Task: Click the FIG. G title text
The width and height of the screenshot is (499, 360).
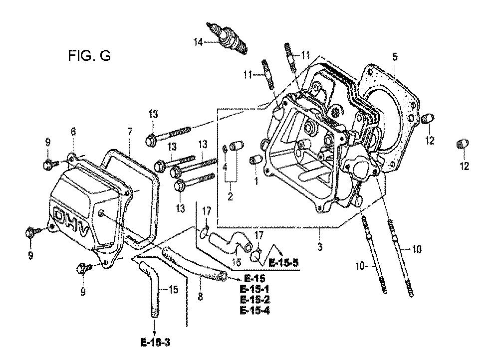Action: pos(89,56)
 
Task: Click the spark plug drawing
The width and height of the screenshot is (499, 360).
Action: pos(227,38)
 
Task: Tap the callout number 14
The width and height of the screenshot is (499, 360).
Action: pos(198,42)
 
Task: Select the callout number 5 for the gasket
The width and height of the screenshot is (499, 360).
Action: pos(395,57)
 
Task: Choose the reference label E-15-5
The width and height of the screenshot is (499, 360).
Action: pos(284,263)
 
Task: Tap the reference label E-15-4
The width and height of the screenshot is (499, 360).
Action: pos(254,310)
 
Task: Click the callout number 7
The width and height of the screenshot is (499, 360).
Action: pos(130,132)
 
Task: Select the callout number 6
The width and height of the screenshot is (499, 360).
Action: pos(73,131)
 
